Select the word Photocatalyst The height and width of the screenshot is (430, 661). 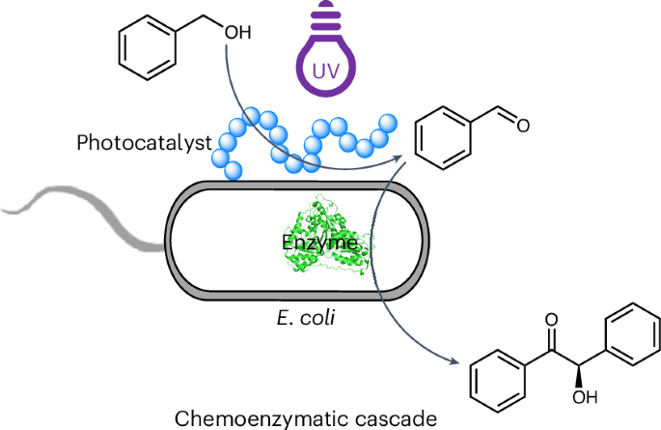pos(145,144)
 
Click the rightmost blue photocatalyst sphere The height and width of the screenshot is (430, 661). pos(388,124)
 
